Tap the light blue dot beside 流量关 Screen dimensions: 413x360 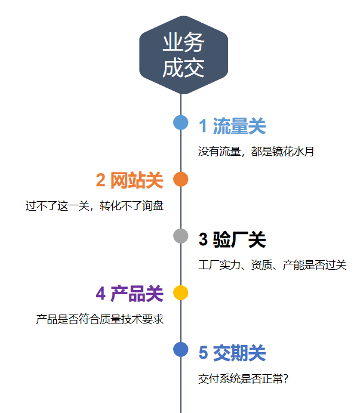coord(181,122)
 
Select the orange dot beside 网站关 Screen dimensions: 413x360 coord(181,179)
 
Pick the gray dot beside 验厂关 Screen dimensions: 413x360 coord(181,236)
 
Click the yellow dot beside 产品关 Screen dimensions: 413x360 coord(181,292)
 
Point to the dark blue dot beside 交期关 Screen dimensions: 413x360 coord(181,349)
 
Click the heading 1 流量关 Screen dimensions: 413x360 coord(232,127)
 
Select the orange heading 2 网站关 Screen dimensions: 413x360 coord(130,180)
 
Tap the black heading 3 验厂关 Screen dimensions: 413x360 coord(232,240)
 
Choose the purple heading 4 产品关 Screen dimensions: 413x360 coord(130,294)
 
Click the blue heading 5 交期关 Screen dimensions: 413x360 coord(232,353)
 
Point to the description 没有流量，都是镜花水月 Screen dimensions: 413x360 coord(256,152)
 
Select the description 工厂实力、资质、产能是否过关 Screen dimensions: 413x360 coord(272,265)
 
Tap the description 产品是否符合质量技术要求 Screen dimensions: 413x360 coord(100,319)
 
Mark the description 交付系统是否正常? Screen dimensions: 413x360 coord(244,378)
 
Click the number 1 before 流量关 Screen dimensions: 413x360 coord(203,127)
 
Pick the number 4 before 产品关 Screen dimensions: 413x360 coord(101,294)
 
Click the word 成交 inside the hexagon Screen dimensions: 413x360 coord(183,67)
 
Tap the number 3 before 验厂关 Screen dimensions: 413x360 coord(203,240)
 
